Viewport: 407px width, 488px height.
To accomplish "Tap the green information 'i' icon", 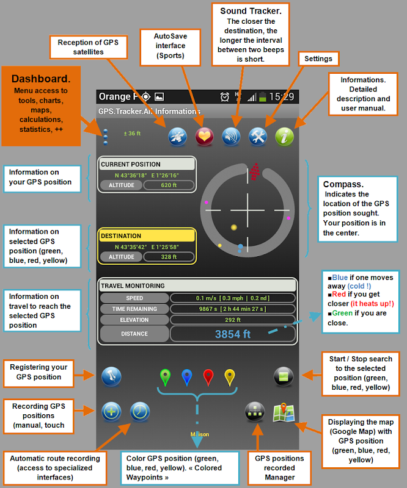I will tap(285, 137).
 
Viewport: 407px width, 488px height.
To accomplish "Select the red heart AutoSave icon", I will tap(204, 137).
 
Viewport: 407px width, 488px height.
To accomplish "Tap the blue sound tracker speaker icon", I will tap(231, 137).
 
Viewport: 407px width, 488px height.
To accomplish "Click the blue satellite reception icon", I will tap(177, 137).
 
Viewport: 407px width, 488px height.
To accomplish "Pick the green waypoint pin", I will tap(165, 377).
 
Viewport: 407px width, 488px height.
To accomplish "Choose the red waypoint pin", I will tap(208, 377).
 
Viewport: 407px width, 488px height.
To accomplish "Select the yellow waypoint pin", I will tap(229, 377).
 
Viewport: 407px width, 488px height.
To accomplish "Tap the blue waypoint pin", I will tap(186, 377).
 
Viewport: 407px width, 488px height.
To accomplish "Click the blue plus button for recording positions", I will tap(111, 412).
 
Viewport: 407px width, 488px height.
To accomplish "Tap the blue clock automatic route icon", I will tap(139, 412).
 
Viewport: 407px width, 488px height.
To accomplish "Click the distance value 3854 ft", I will tap(233, 334).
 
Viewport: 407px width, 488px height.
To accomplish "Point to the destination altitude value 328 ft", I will tap(169, 257).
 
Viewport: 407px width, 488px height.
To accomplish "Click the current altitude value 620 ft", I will tap(169, 185).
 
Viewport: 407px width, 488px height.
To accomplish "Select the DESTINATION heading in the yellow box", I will tap(121, 236).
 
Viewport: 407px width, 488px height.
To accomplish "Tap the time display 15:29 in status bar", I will tap(281, 96).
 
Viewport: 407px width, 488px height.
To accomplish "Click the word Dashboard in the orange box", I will tap(41, 79).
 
